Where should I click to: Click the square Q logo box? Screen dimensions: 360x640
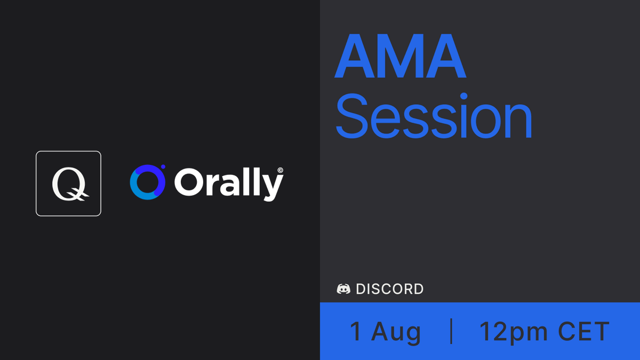click(68, 183)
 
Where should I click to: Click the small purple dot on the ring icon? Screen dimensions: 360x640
click(163, 167)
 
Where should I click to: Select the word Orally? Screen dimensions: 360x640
click(228, 183)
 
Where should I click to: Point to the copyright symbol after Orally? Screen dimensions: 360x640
click(280, 171)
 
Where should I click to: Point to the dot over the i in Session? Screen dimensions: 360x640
click(463, 97)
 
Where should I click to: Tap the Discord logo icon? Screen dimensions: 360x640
click(343, 289)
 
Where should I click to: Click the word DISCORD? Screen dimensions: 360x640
click(390, 289)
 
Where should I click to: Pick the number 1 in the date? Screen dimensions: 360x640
click(355, 331)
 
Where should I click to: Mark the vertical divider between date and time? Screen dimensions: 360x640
click(452, 331)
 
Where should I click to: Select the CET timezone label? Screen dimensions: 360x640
click(583, 331)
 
